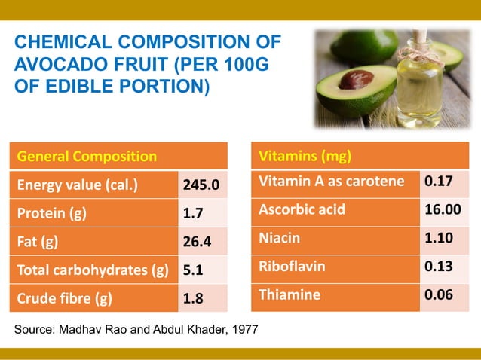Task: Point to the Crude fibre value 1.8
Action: (194, 299)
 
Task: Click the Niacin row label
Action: (280, 238)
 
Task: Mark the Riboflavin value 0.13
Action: (439, 267)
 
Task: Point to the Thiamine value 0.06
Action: (439, 295)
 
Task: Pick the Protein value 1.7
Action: (193, 214)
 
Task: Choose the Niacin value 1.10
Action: (439, 238)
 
